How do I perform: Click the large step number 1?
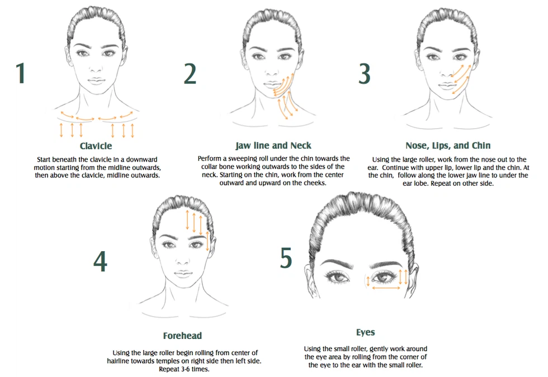[x=20, y=73]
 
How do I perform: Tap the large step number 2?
[x=190, y=73]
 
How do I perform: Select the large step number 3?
[x=365, y=73]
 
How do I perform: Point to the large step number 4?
[x=100, y=261]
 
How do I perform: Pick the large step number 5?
[x=286, y=258]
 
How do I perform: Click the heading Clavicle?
[x=96, y=146]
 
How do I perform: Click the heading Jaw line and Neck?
[x=273, y=145]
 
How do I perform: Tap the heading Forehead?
[x=182, y=336]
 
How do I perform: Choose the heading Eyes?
[x=365, y=332]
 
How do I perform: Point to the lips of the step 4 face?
[x=182, y=274]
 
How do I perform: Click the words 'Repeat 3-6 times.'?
[x=182, y=369]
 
